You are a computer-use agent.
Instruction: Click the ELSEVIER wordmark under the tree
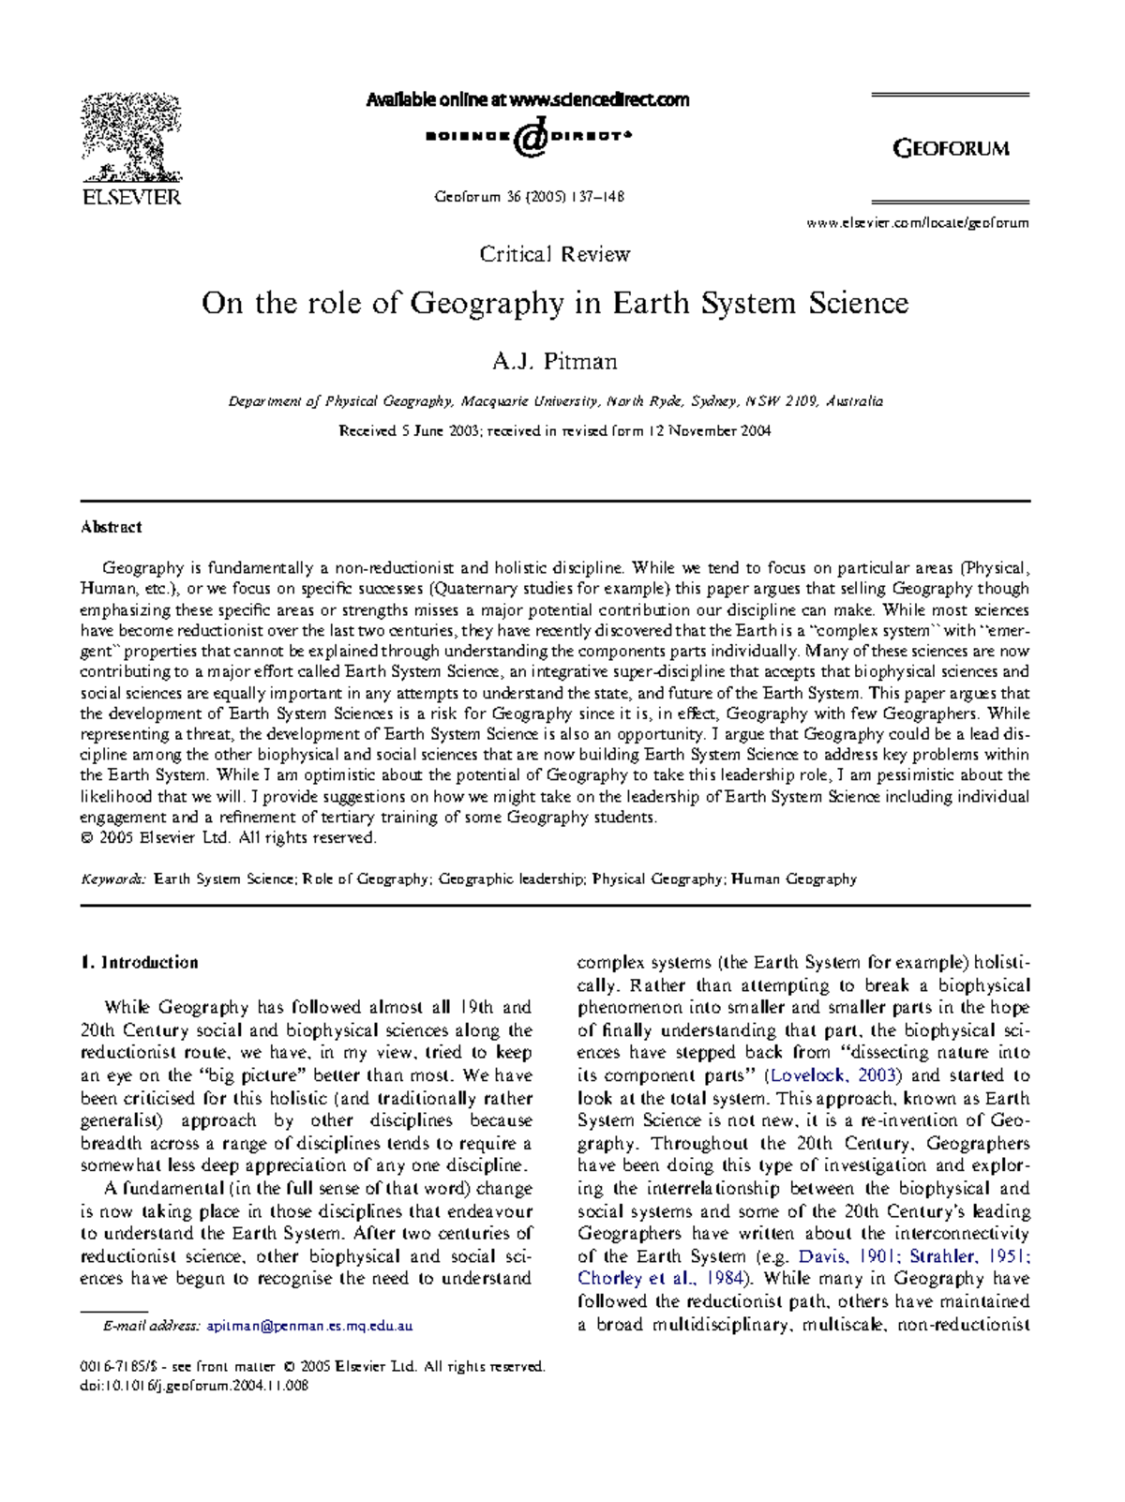(131, 198)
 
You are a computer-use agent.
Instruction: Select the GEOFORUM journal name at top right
(951, 148)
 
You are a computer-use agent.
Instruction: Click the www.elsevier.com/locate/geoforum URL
(917, 223)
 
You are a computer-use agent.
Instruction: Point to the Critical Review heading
(555, 254)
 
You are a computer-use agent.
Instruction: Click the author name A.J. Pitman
(555, 361)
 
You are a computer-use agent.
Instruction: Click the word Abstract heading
(111, 527)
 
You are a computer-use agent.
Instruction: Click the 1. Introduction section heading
(140, 963)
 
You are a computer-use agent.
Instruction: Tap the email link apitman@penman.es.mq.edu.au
(309, 1327)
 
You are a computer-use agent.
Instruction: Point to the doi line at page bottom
(194, 1386)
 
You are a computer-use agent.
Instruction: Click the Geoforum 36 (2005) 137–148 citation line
(530, 197)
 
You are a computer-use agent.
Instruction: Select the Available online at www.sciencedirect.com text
(527, 99)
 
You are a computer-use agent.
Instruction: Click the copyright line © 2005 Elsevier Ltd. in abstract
(228, 838)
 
